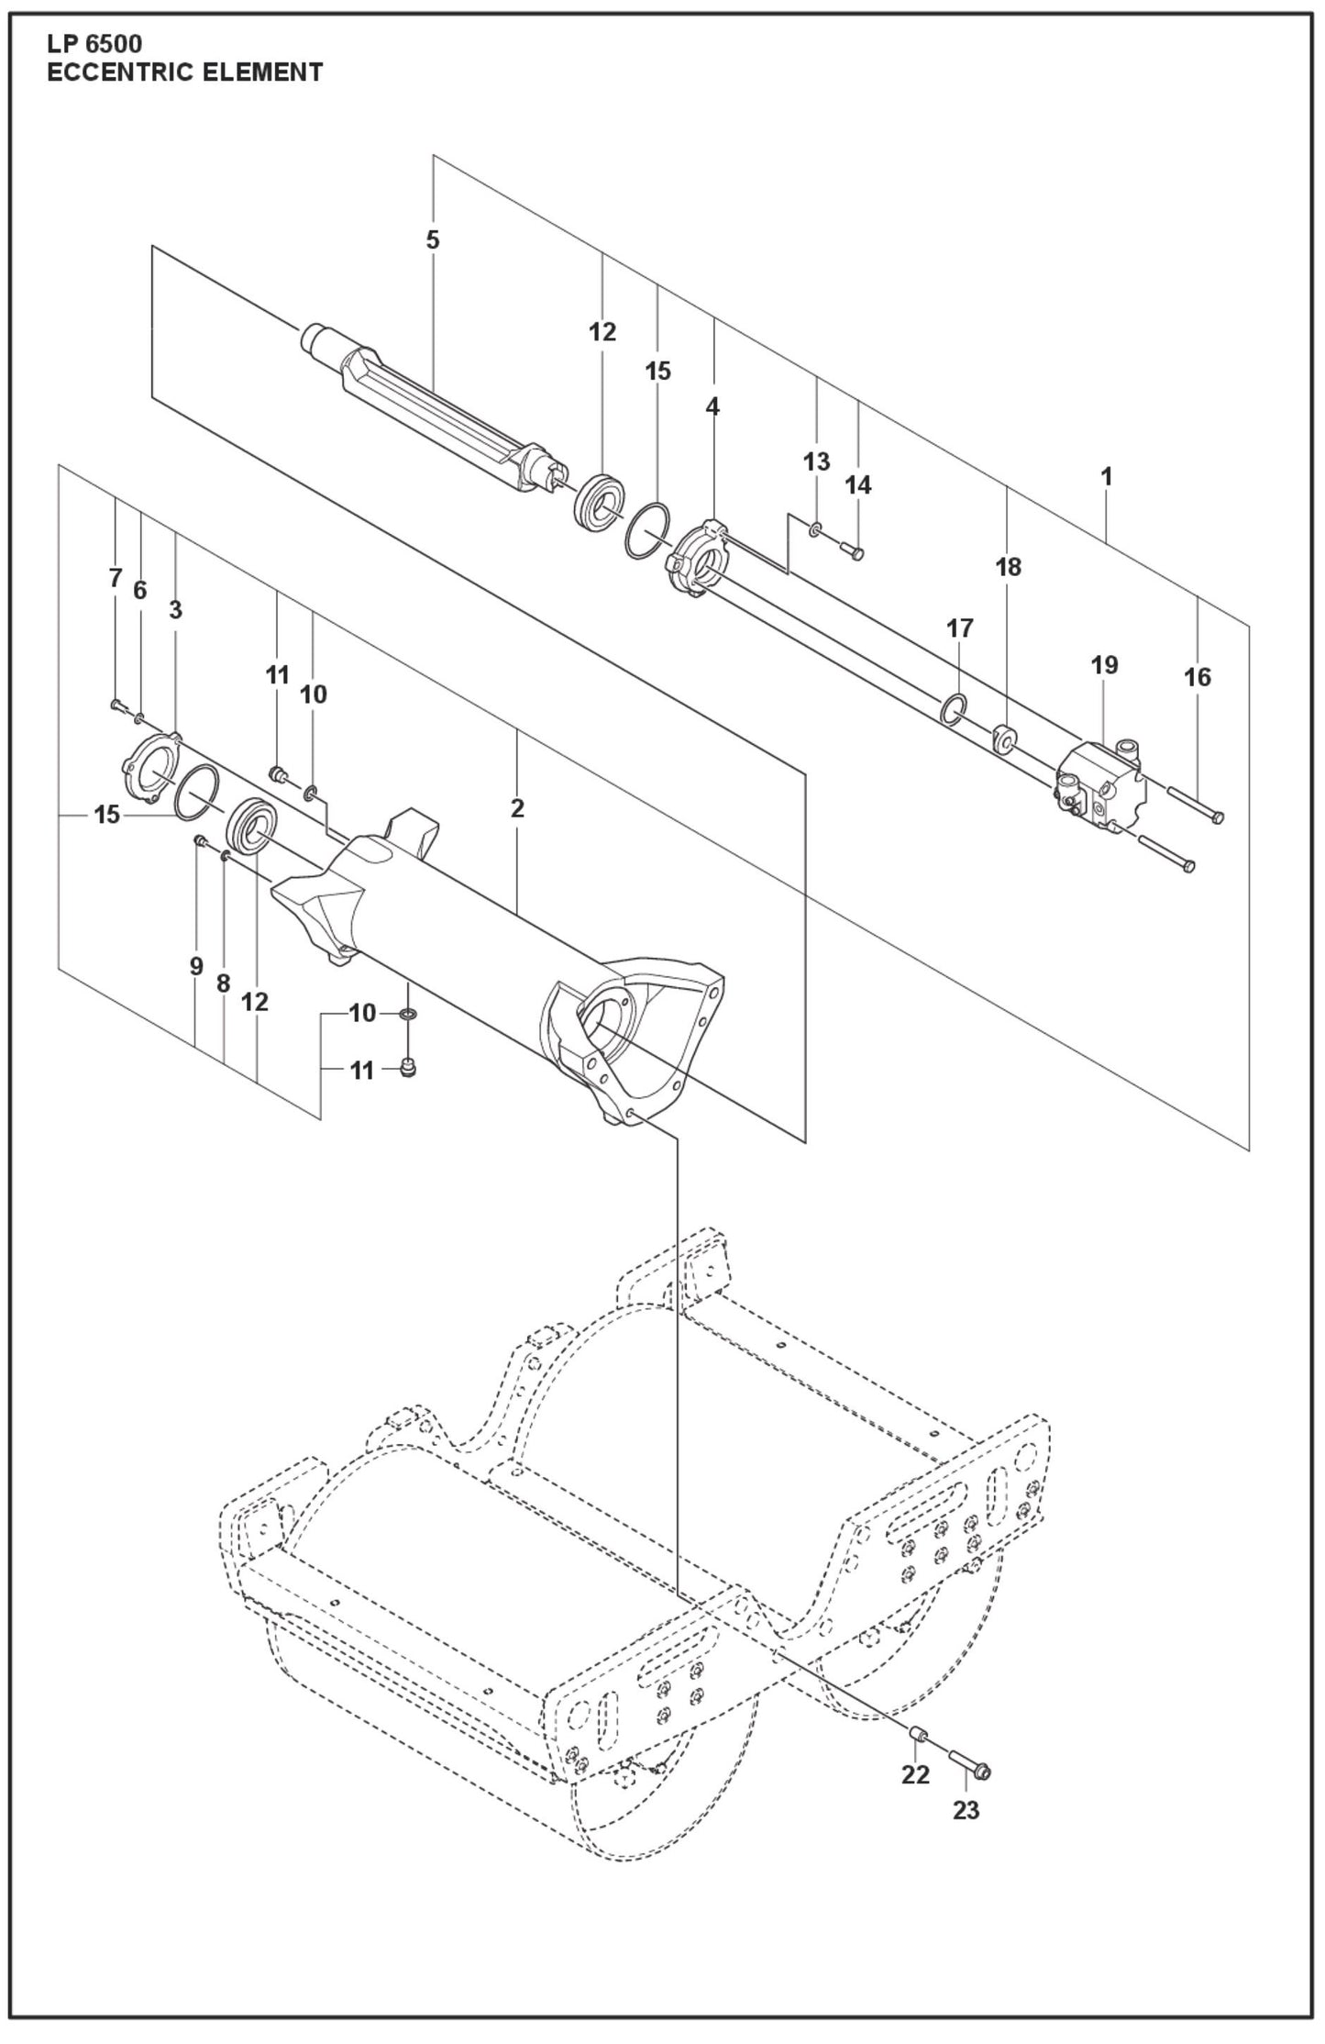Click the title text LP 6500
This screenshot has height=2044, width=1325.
click(x=94, y=43)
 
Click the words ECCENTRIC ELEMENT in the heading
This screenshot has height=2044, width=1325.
click(x=184, y=72)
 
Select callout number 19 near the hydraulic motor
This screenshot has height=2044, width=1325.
click(x=1104, y=664)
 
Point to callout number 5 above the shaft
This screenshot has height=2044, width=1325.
click(x=433, y=239)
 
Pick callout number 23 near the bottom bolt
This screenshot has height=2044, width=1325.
click(x=966, y=1810)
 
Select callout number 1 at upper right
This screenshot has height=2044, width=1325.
click(x=1107, y=476)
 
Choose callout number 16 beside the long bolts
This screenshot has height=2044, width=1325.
click(x=1198, y=677)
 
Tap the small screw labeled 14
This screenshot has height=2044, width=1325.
click(x=851, y=550)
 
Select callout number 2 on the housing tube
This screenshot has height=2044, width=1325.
click(x=517, y=808)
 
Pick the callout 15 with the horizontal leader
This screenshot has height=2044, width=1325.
click(x=107, y=814)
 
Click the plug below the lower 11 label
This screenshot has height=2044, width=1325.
click(x=409, y=1067)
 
